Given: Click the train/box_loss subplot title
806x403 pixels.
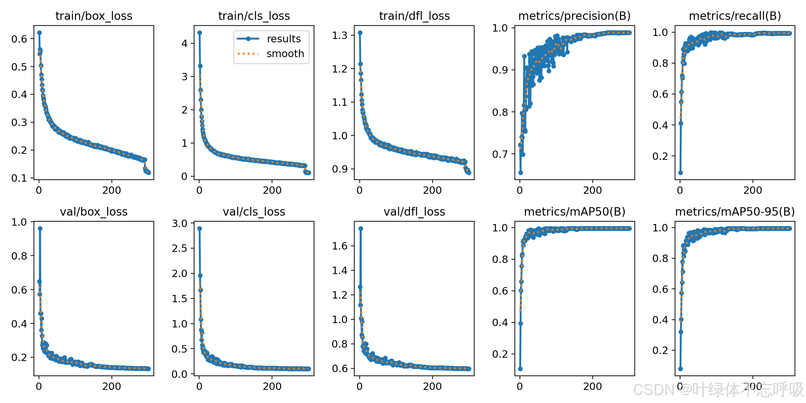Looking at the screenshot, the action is (94, 16).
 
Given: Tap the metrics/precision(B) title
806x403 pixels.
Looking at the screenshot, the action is (574, 16).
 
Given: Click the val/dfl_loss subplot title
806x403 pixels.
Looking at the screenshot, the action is (414, 212).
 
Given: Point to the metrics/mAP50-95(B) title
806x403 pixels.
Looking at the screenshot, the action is (735, 212).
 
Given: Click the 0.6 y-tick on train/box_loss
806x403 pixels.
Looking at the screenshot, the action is (19, 39).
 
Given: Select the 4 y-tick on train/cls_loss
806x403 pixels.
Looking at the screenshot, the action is (184, 43).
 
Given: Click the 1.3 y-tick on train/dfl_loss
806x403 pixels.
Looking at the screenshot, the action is (340, 35).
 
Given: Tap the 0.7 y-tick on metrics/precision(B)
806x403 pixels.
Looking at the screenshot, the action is (500, 154).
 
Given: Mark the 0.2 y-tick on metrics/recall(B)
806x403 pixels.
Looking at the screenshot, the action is (660, 156).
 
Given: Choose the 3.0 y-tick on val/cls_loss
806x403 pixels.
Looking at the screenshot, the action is (180, 223).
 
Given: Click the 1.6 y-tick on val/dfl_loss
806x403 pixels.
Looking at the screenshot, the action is (340, 246).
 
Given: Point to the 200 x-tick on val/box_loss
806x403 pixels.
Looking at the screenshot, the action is (111, 386).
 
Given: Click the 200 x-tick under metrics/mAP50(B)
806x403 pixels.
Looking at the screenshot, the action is (592, 386).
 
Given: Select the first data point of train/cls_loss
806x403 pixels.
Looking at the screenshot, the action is (199, 33).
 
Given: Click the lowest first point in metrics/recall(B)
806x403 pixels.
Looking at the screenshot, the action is (680, 173).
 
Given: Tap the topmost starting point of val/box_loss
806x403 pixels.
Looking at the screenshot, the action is (40, 228).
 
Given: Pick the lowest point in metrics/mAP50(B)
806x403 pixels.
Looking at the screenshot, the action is (520, 369).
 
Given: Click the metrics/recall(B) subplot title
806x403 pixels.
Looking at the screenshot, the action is (735, 16).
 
